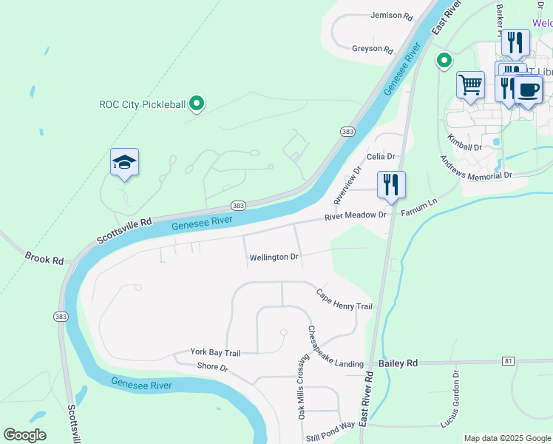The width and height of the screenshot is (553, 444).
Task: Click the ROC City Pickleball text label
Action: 142,104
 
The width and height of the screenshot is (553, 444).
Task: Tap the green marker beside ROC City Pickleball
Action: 197,104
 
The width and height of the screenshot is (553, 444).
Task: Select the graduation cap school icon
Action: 125,163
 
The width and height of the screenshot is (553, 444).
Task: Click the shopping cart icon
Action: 470,85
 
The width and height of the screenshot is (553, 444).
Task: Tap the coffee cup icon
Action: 529,90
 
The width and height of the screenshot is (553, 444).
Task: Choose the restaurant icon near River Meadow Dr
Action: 391,184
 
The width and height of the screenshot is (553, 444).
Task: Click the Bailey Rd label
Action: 398,363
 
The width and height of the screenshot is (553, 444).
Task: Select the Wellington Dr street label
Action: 274,258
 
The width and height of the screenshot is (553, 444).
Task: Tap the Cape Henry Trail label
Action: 345,300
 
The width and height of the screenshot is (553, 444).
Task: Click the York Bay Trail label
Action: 215,352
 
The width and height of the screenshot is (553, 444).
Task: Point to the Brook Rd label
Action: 44,258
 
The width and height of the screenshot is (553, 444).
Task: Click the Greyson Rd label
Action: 373,49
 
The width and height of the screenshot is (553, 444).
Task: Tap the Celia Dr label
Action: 381,157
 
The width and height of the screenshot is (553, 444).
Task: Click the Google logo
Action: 24,435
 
